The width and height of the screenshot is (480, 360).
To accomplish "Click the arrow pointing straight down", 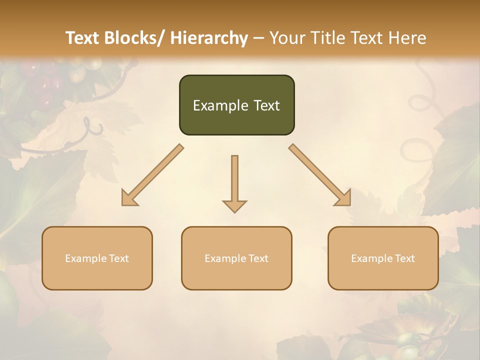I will click(x=234, y=183).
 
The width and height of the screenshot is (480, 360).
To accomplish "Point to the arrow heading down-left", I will click(x=152, y=175).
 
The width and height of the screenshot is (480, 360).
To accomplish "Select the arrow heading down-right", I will click(x=320, y=175).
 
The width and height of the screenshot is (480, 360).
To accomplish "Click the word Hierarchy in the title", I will click(x=209, y=38).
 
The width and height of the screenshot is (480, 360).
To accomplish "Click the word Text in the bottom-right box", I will click(x=404, y=258).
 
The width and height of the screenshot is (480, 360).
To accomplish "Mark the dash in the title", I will click(x=258, y=38).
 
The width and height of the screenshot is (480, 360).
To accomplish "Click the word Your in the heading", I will click(x=286, y=38).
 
